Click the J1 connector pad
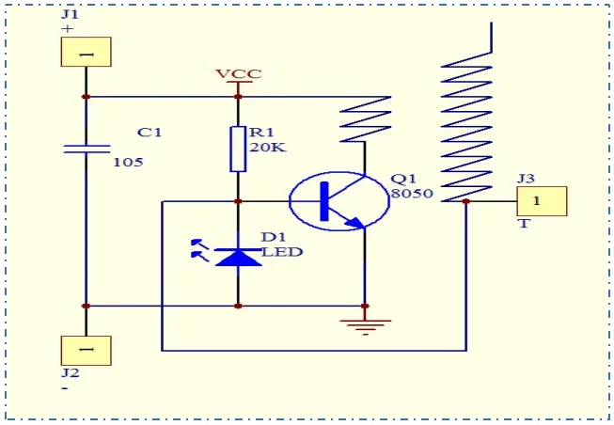tap(87, 52)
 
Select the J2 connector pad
tap(87, 350)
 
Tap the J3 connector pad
tap(542, 201)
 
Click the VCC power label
tap(239, 73)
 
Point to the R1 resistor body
tap(238, 149)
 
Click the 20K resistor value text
tap(268, 148)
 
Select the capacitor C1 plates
tap(87, 149)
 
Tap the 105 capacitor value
tap(128, 162)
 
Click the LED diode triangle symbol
tap(238, 258)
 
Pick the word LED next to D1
tap(282, 252)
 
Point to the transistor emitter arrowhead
tap(355, 223)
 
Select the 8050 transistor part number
tap(413, 193)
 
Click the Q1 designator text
tap(403, 179)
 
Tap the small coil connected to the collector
tap(366, 119)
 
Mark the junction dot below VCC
tap(238, 97)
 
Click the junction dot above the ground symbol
tap(365, 306)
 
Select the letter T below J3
tap(524, 224)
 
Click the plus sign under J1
tap(68, 28)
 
